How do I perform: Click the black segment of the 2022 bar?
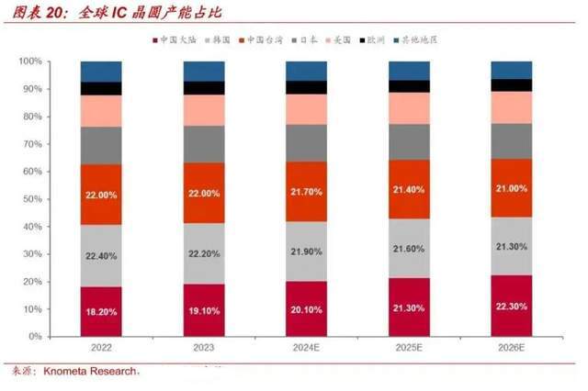pos(101,88)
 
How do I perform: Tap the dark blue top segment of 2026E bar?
pos(511,70)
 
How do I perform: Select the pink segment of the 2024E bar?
pos(306,108)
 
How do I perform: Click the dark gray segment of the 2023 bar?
pos(203,143)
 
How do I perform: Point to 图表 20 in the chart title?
pos(36,13)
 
